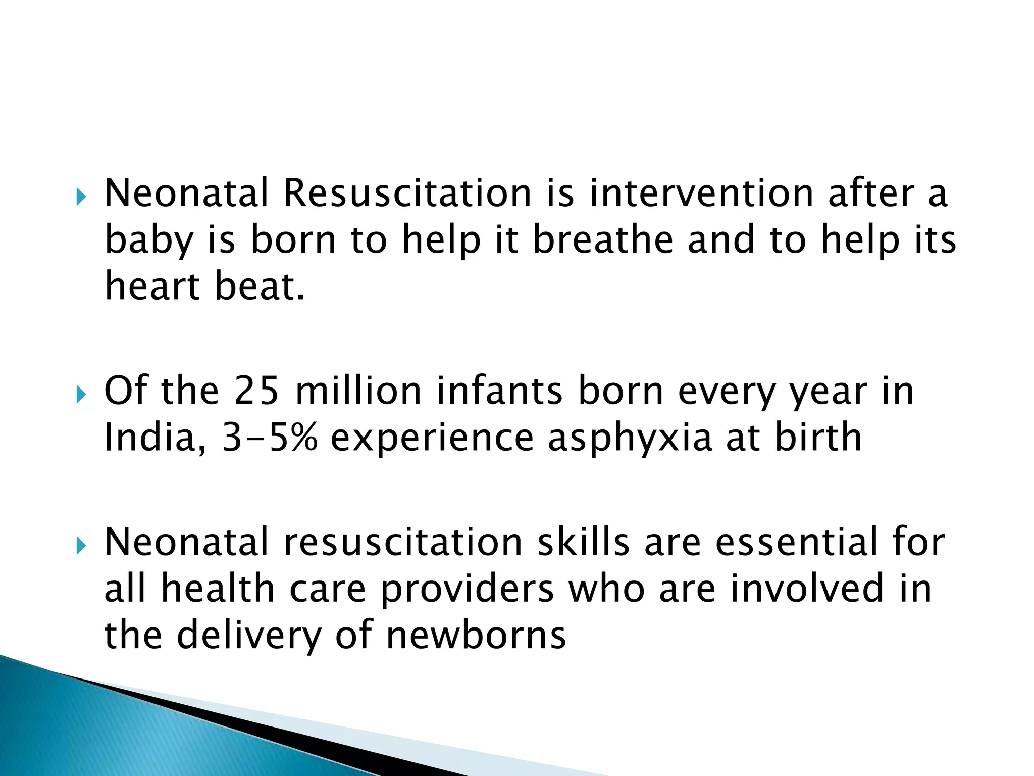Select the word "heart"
pyautogui.click(x=152, y=286)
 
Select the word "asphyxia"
pyautogui.click(x=630, y=439)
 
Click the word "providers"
pyautogui.click(x=467, y=589)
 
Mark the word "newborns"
pyautogui.click(x=476, y=635)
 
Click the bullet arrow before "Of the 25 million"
pyautogui.click(x=81, y=395)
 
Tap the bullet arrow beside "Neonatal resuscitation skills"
pyautogui.click(x=81, y=547)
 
